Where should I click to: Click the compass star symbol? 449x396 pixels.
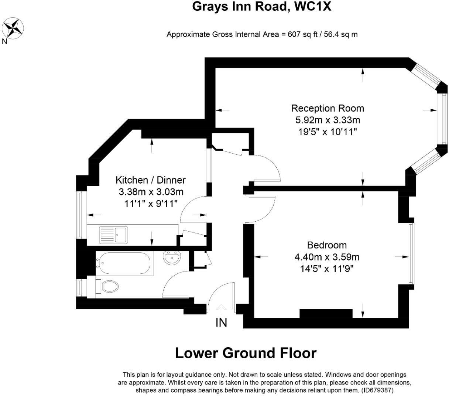coord(13,28)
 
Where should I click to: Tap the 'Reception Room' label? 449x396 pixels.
coord(327,109)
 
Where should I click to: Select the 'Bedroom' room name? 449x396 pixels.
coord(327,245)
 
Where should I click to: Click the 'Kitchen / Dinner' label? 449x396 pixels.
coord(151,180)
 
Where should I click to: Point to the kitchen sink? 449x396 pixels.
coord(113,235)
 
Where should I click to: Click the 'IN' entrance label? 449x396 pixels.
coord(221,322)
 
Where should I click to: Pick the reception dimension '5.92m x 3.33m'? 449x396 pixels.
coord(328,120)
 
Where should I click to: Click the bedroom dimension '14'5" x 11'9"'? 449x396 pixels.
coord(326,269)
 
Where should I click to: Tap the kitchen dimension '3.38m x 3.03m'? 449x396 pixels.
coord(151,192)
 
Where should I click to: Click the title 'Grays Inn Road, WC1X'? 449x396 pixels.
coord(261,7)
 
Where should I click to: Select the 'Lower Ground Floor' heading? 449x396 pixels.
coord(246,353)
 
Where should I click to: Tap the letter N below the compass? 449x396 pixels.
coord(4,41)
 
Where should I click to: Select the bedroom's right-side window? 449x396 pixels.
coord(411,253)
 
